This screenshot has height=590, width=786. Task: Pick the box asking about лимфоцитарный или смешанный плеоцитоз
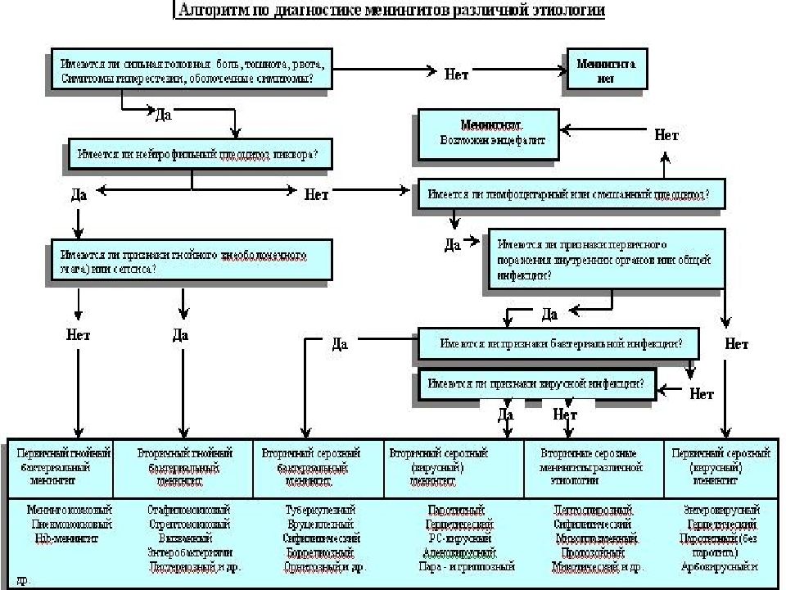[x=570, y=196]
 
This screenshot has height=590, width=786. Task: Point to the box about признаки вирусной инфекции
[x=537, y=383]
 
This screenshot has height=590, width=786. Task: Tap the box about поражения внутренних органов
[x=606, y=261]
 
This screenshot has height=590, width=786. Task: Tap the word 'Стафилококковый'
[x=189, y=510]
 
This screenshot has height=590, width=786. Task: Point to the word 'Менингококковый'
[x=69, y=510]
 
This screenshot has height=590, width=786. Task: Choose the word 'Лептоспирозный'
[x=590, y=510]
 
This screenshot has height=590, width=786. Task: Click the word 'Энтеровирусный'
[x=721, y=510]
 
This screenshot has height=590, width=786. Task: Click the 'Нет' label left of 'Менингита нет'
[x=456, y=74]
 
